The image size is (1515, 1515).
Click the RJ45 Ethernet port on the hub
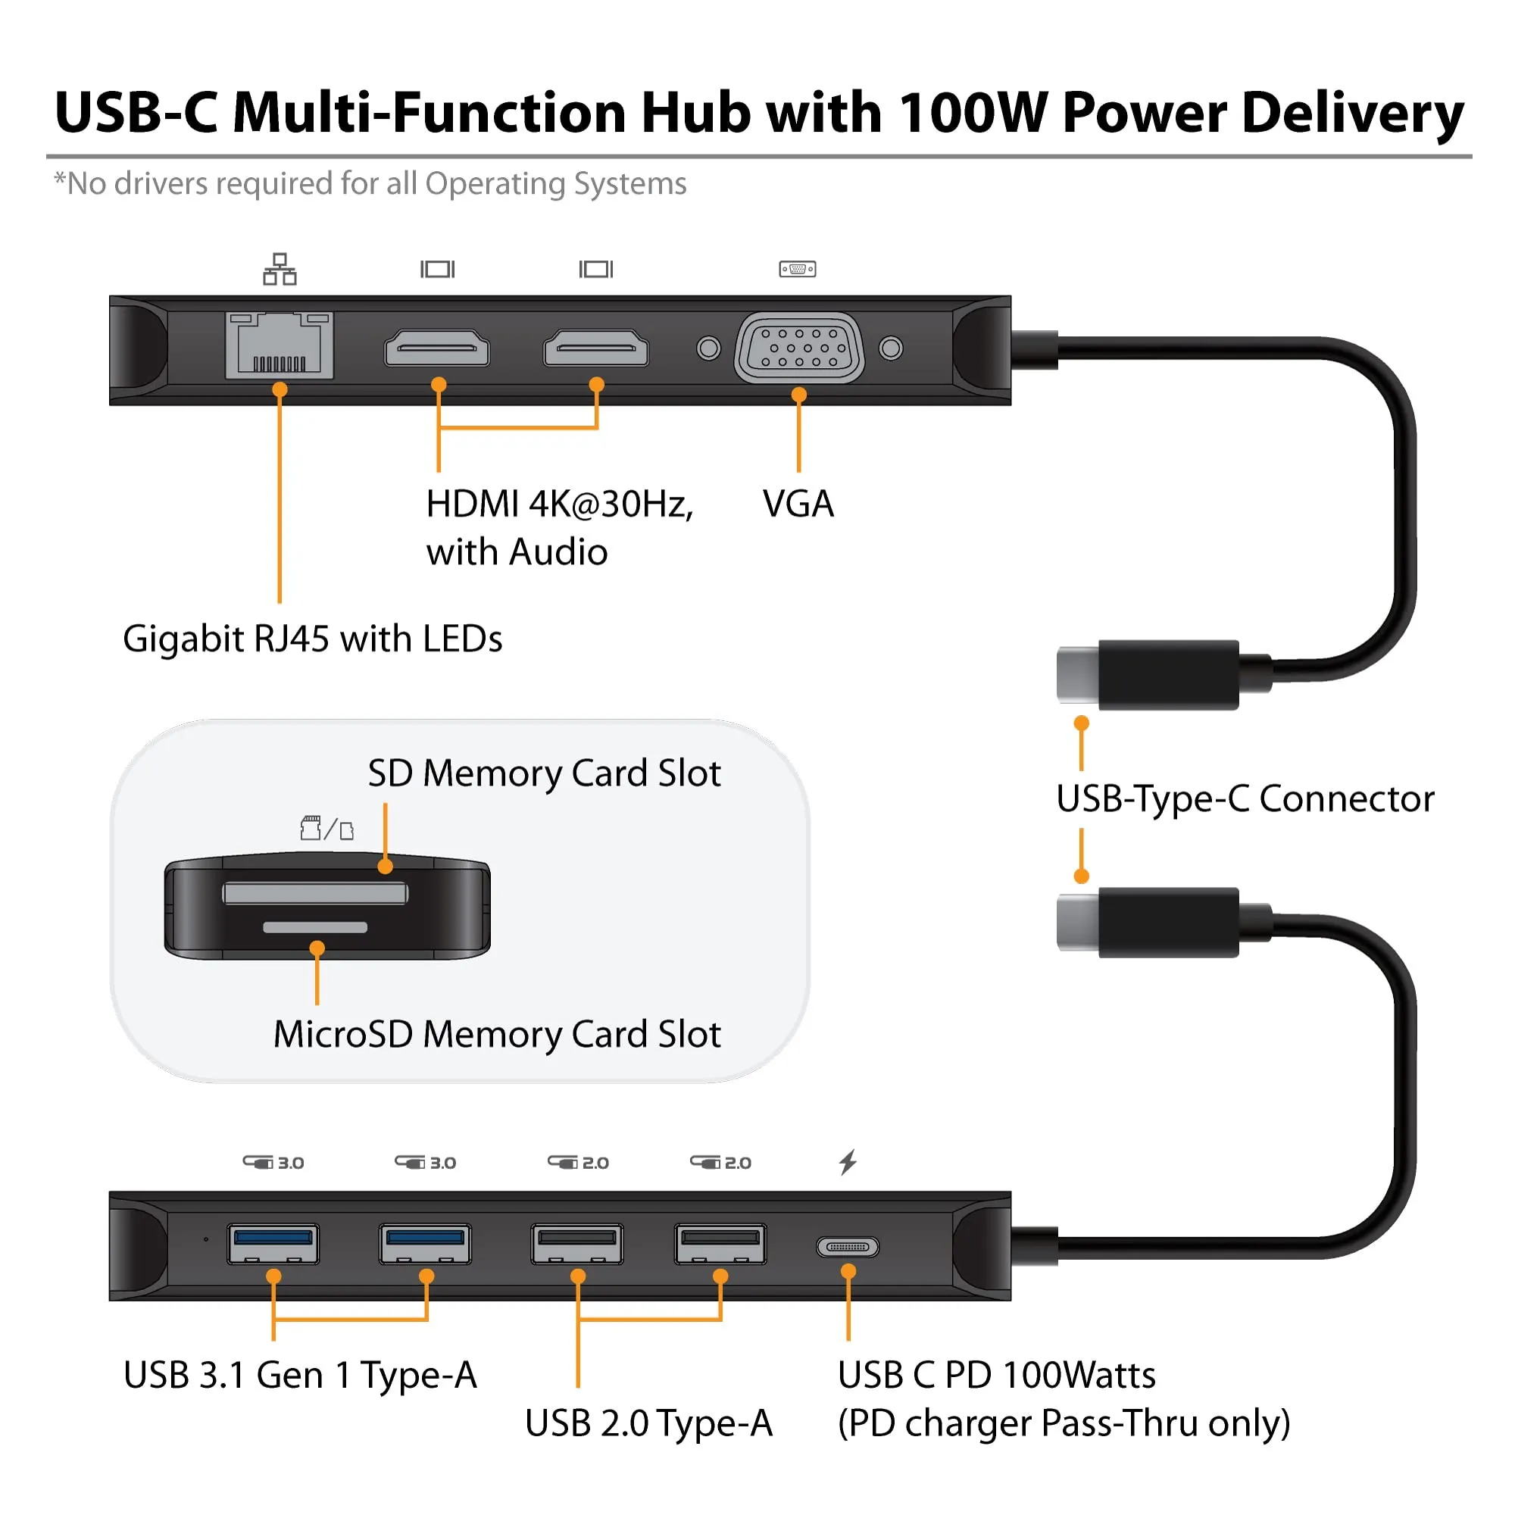(x=280, y=345)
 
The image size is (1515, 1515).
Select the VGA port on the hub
(x=799, y=347)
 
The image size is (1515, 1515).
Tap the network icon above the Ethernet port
(x=280, y=269)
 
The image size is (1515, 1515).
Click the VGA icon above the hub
(x=798, y=269)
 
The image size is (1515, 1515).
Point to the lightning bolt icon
(x=848, y=1162)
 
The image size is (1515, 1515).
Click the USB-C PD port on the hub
(x=848, y=1246)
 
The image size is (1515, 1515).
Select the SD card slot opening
(x=315, y=893)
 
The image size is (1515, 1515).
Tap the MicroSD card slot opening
(x=315, y=928)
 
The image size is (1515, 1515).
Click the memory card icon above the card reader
(x=327, y=828)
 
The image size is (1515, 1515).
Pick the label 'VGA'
(x=798, y=504)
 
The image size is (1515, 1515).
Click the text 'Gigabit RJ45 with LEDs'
(x=312, y=639)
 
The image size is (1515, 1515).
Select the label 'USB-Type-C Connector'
(x=1245, y=798)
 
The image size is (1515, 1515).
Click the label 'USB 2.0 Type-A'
(x=648, y=1423)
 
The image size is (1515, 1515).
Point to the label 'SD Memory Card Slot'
(x=543, y=773)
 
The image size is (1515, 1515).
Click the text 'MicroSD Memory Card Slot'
(x=496, y=1033)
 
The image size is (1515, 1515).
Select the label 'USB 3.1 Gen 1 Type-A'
(x=299, y=1375)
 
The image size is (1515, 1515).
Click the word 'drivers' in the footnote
(x=161, y=183)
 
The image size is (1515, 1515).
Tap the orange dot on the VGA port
(x=799, y=395)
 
